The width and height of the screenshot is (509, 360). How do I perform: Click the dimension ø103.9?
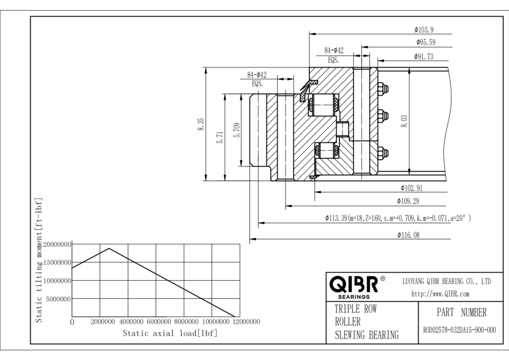(x=424, y=29)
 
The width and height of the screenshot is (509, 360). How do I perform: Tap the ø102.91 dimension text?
(x=412, y=188)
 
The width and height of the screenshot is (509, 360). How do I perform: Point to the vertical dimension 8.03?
(x=404, y=120)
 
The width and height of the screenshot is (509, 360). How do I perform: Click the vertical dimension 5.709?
(x=236, y=130)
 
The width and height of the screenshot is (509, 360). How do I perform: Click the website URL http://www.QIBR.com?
(x=440, y=294)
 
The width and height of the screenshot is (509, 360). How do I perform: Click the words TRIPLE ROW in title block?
(x=356, y=310)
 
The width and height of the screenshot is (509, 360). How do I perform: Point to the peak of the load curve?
(x=109, y=248)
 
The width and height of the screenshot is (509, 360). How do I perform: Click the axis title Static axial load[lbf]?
(x=170, y=333)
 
